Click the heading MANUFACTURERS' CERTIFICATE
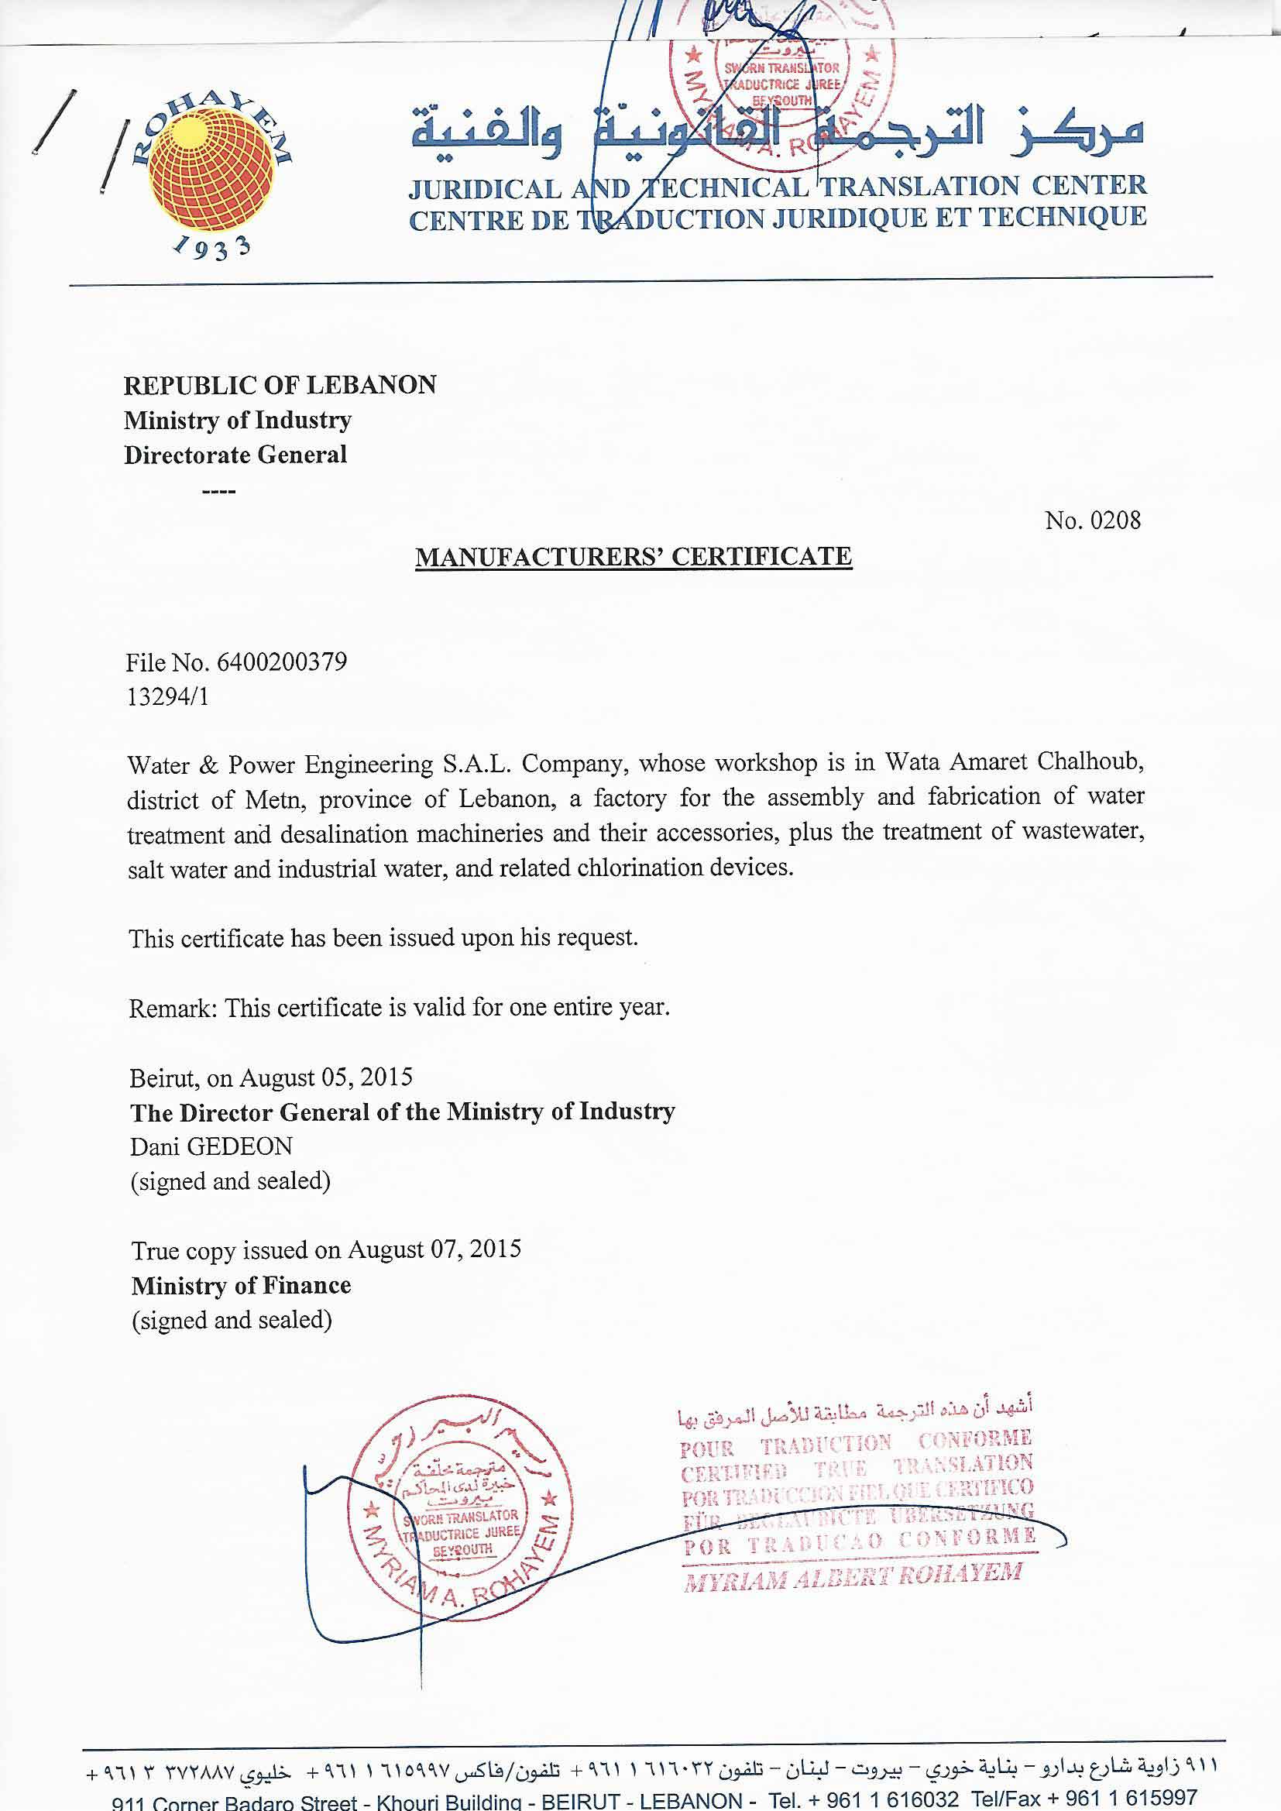coord(634,557)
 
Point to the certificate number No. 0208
coord(1093,521)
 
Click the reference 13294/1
coord(168,696)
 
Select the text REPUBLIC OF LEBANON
coord(280,385)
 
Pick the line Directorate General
coord(235,455)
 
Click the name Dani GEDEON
coord(211,1146)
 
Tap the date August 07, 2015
coord(434,1249)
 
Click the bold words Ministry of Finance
coord(242,1286)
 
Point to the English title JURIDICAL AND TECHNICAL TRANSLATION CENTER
coord(777,187)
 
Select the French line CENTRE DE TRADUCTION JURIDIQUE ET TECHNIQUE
coord(777,218)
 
